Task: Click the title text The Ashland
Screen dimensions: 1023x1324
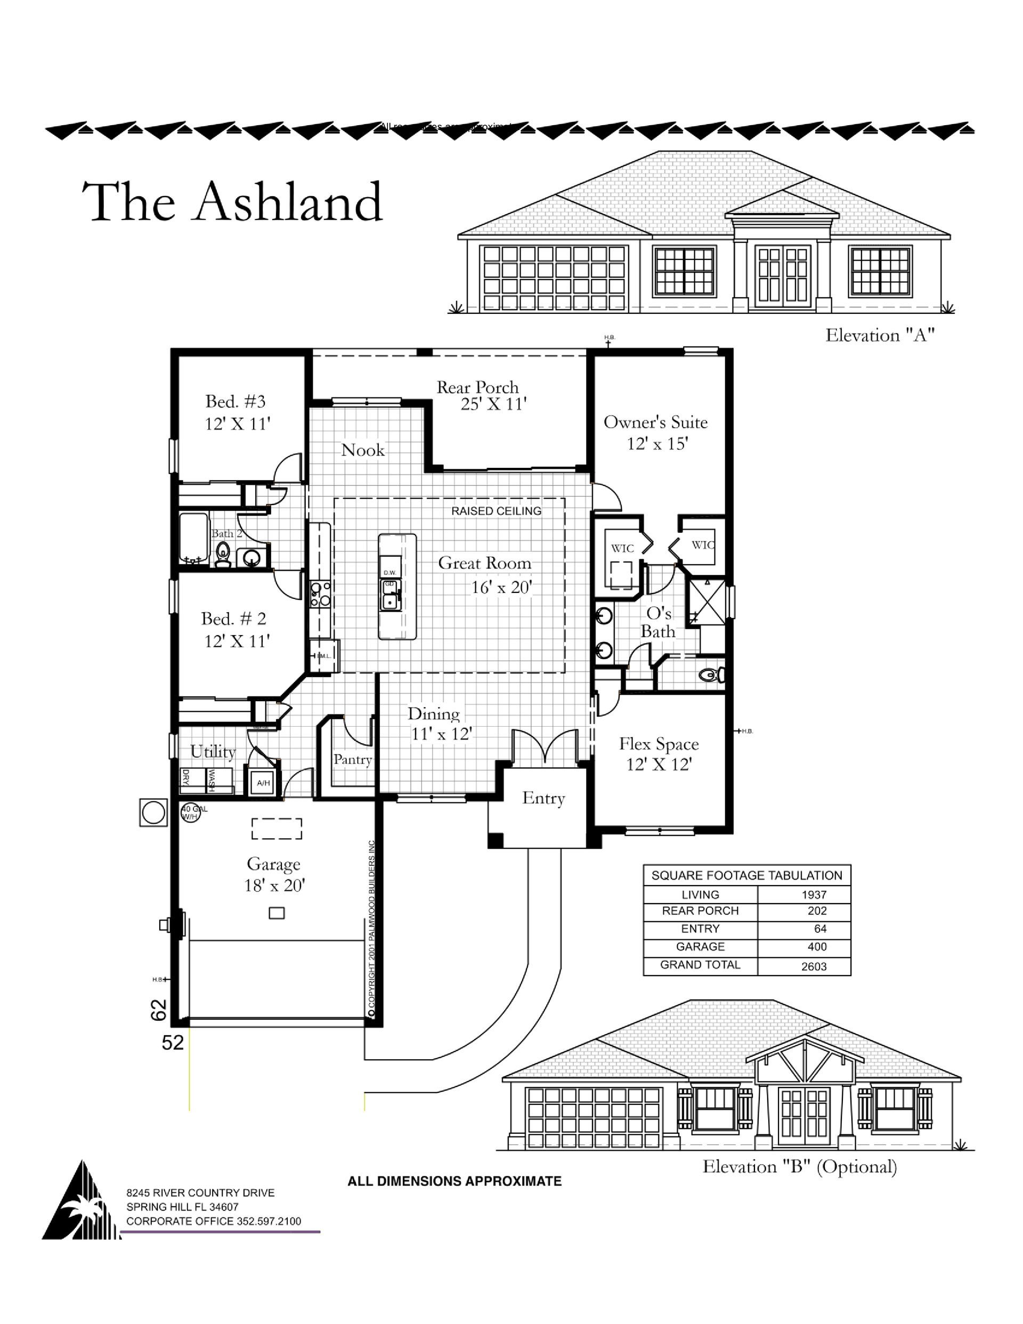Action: [232, 202]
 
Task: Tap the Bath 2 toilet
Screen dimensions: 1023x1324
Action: [223, 554]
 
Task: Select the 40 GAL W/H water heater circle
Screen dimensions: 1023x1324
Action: [190, 813]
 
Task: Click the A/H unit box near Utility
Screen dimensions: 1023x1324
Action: [263, 783]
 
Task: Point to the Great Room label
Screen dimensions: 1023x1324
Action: [484, 563]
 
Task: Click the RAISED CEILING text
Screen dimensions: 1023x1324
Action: [496, 511]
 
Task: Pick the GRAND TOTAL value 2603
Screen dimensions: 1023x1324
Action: [814, 966]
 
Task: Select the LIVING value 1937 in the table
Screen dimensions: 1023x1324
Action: [814, 895]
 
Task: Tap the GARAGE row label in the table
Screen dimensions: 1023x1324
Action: [701, 947]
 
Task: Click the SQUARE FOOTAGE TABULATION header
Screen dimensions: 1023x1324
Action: [746, 875]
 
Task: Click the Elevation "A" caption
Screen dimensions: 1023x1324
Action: [879, 335]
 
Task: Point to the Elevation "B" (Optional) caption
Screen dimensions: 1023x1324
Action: [799, 1166]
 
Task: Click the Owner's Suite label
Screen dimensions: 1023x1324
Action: [655, 423]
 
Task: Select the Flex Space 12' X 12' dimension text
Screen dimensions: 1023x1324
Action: [659, 765]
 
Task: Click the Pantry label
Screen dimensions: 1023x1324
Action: [352, 760]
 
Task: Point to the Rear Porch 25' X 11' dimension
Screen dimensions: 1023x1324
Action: [493, 404]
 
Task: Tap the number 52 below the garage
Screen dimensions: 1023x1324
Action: [173, 1042]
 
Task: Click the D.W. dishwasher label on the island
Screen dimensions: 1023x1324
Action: [389, 572]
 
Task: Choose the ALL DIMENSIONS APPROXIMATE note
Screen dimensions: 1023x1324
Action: [454, 1181]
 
